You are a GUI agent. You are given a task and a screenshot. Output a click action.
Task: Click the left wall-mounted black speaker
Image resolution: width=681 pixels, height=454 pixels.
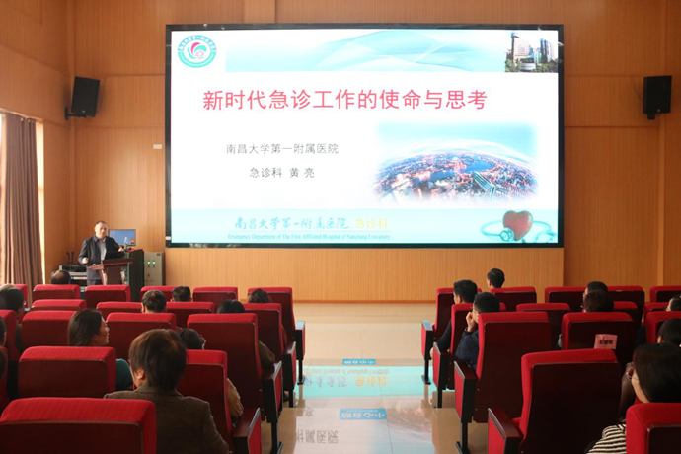[85, 97]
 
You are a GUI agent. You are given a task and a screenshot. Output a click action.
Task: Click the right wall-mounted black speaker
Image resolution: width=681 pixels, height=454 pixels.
[656, 96]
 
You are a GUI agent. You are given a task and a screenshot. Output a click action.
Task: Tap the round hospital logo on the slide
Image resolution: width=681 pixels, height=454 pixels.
[196, 51]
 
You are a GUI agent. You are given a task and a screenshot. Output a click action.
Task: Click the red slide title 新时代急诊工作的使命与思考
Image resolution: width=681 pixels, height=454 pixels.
[344, 100]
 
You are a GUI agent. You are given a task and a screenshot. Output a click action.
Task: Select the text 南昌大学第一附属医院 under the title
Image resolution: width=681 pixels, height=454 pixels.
[281, 149]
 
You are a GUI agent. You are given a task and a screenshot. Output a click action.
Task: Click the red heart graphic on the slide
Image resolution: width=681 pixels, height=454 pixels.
[516, 223]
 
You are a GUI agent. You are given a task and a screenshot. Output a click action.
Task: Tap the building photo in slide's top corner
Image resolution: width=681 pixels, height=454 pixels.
[531, 51]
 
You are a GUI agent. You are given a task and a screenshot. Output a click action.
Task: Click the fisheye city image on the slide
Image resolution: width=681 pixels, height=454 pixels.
[455, 175]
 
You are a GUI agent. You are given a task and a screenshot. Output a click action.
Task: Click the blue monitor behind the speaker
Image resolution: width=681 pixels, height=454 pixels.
[123, 237]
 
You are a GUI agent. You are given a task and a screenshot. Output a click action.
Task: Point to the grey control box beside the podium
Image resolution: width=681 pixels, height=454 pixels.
[154, 267]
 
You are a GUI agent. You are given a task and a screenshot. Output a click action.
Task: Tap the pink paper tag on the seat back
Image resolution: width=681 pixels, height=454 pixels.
[605, 340]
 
